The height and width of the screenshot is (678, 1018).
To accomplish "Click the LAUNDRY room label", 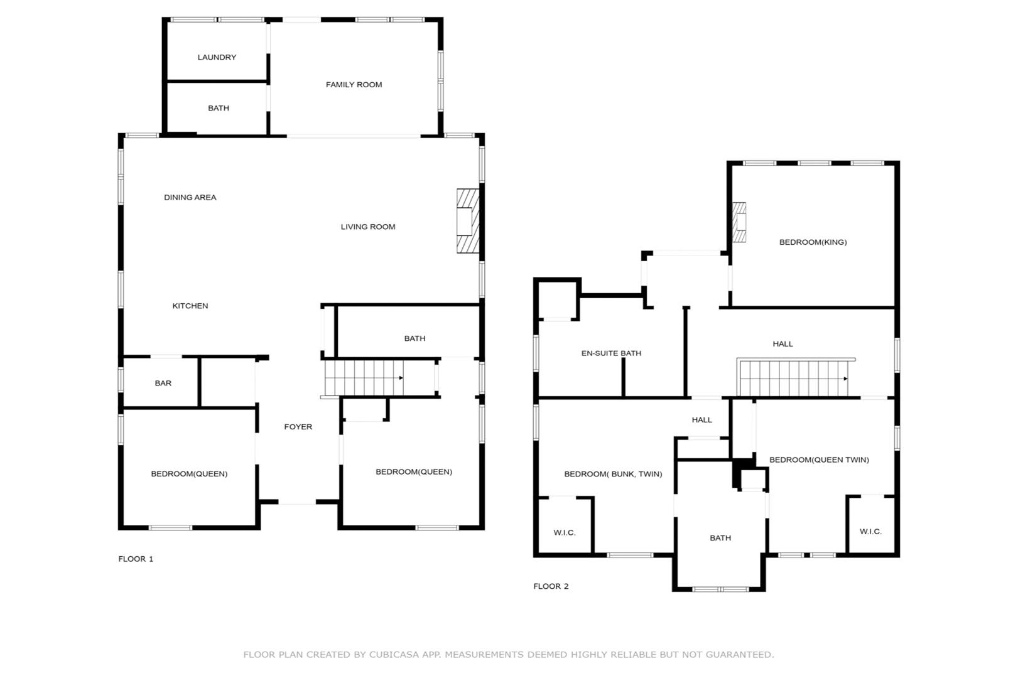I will click(x=217, y=57).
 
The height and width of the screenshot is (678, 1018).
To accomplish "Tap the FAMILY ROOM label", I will click(x=354, y=85).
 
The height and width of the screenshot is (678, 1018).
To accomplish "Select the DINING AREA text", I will click(x=190, y=197).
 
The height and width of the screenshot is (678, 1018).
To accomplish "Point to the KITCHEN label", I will click(x=190, y=306).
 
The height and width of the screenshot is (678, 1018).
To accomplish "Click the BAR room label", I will click(x=163, y=383).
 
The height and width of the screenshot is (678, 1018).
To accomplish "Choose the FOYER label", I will click(x=298, y=427).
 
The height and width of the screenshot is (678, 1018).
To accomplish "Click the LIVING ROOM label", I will click(x=368, y=227).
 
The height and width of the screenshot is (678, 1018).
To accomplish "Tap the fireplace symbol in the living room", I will click(x=467, y=222).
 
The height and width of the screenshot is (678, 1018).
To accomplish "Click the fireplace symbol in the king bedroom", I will click(x=740, y=222).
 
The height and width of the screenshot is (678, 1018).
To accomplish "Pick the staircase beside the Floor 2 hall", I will click(x=794, y=378).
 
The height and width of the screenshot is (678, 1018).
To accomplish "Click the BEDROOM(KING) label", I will click(x=813, y=242).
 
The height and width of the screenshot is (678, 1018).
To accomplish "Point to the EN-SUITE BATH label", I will click(x=611, y=353).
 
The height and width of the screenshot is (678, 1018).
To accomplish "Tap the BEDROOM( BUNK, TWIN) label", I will click(x=613, y=474).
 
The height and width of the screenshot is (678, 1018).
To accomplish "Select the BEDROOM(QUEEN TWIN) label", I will click(x=819, y=460).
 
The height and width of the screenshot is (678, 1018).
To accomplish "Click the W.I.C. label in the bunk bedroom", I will click(x=564, y=533).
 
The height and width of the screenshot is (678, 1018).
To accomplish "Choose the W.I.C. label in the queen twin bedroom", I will click(x=870, y=532).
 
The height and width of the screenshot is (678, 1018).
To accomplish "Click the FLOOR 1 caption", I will click(x=136, y=559).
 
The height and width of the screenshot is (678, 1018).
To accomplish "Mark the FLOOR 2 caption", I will click(x=551, y=586).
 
